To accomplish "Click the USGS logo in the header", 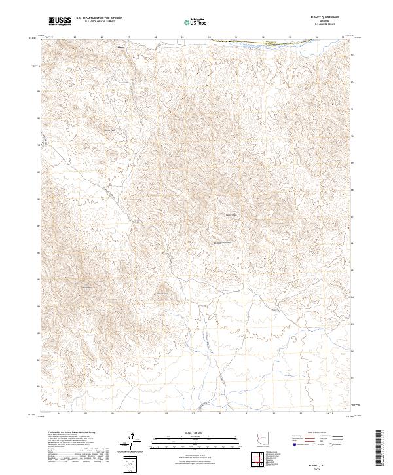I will (x=60, y=22).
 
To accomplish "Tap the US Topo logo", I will (x=196, y=22).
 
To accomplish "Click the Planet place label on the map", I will (x=121, y=47).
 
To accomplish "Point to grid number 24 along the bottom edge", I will (x=60, y=413).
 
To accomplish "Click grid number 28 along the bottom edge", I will (x=167, y=413).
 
